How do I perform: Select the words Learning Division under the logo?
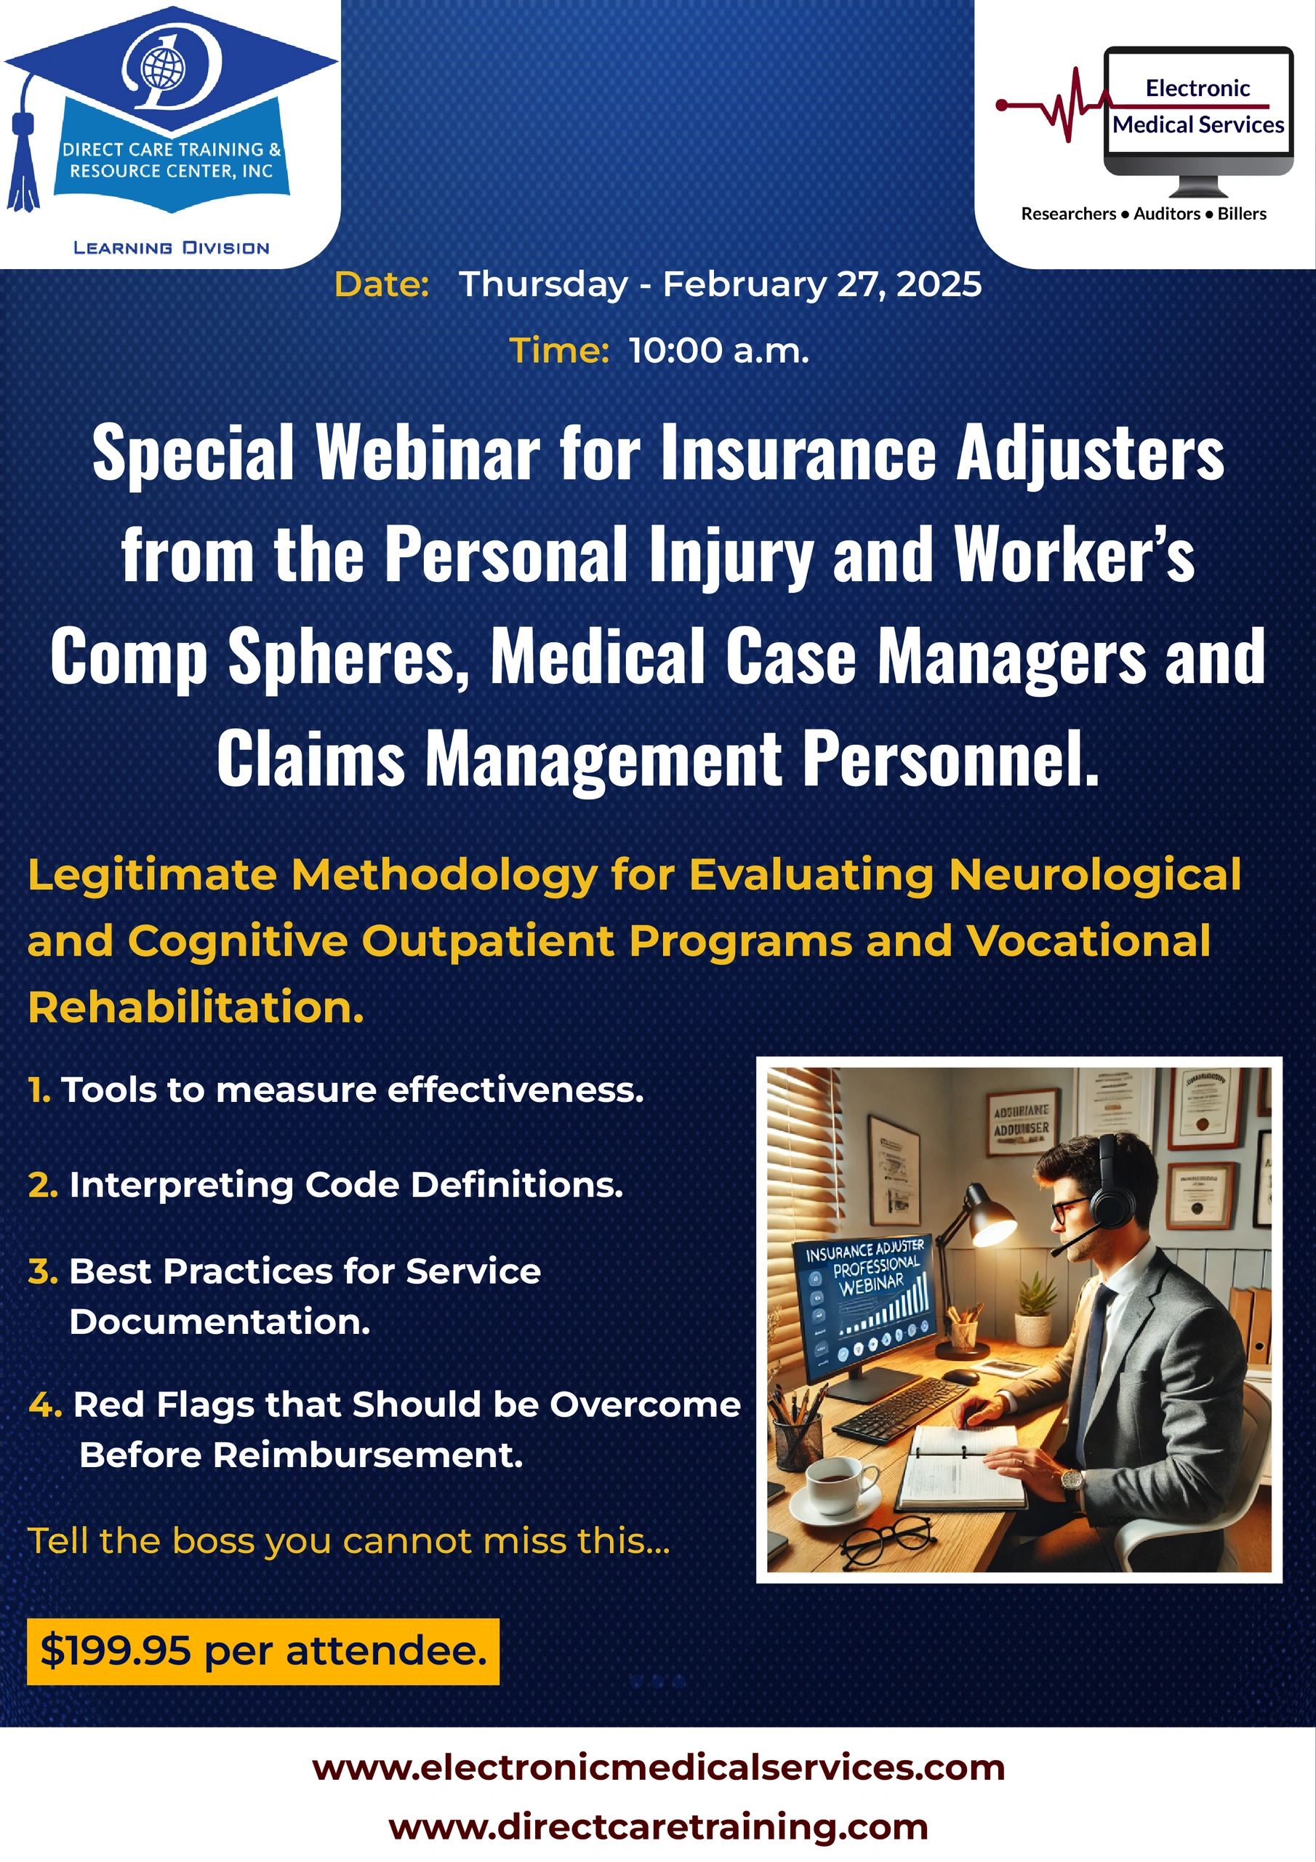click(x=171, y=248)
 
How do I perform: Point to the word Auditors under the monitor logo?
click(x=1167, y=214)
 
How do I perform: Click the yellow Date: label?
click(x=382, y=284)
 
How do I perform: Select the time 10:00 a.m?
click(x=718, y=351)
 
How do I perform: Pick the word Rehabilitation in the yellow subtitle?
click(x=196, y=1008)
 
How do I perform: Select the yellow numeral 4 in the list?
click(x=44, y=1405)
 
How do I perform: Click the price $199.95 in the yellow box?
click(x=116, y=1651)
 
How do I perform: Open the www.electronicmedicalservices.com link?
click(x=659, y=1768)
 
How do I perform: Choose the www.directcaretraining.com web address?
click(x=659, y=1828)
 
